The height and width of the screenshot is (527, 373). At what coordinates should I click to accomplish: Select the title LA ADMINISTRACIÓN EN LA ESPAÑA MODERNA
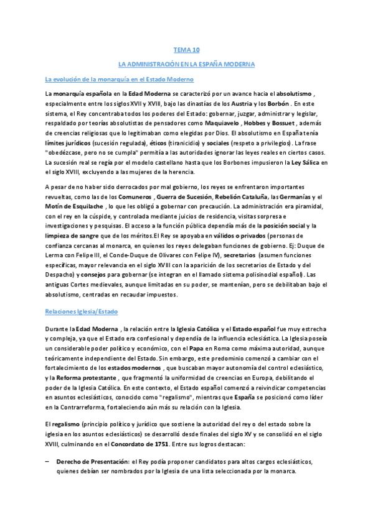186,64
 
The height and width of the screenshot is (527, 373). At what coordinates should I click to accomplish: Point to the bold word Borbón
279,103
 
